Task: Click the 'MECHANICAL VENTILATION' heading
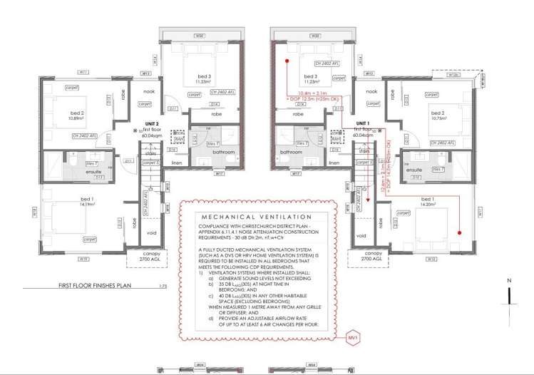[x=257, y=217]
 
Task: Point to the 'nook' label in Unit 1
[x=371, y=91]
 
